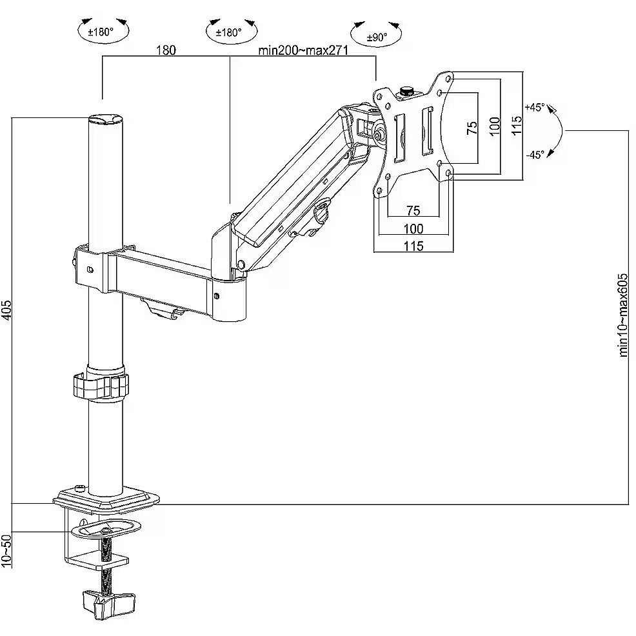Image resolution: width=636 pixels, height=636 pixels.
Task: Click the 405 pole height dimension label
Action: (7, 310)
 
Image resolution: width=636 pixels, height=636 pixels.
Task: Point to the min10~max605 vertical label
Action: (623, 314)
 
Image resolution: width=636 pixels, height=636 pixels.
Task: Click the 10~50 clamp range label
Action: (7, 550)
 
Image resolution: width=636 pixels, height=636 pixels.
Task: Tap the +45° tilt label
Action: (535, 107)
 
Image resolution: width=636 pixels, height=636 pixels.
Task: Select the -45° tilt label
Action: (535, 154)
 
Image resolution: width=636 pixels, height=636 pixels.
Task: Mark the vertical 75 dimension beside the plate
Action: (472, 128)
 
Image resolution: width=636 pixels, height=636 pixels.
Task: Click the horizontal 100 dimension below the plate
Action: (413, 228)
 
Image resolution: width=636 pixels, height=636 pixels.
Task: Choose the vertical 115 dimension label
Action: (517, 124)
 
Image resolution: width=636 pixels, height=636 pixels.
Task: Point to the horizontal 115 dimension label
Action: (413, 246)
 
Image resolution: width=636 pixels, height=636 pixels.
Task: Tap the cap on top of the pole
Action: (104, 119)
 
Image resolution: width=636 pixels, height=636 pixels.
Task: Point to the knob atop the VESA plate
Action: (406, 91)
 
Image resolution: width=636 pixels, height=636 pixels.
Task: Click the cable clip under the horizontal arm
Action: (161, 308)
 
